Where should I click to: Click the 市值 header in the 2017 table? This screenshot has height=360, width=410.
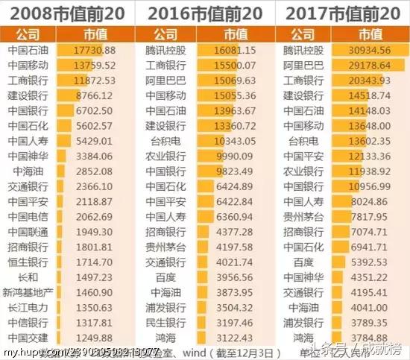click(371, 34)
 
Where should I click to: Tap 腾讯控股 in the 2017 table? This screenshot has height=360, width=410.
click(304, 50)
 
